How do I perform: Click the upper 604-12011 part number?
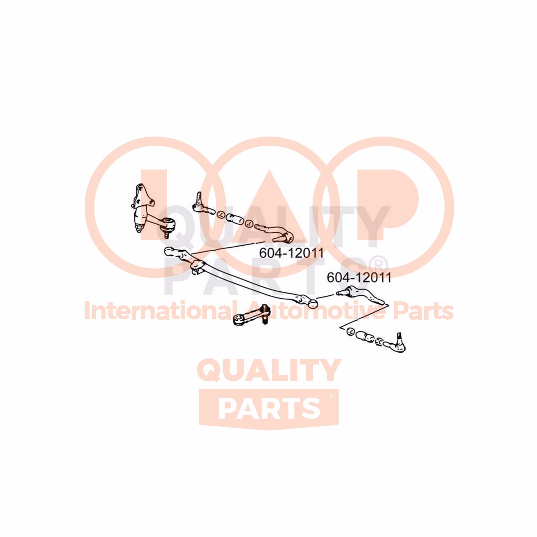click(x=291, y=253)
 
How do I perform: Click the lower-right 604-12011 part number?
click(x=359, y=277)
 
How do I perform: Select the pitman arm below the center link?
click(x=252, y=315)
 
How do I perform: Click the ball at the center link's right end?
click(x=313, y=303)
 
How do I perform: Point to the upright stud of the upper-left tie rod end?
click(x=198, y=198)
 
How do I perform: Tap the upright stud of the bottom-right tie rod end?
click(x=399, y=337)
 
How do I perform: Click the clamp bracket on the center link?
click(x=196, y=266)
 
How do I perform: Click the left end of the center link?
click(x=168, y=251)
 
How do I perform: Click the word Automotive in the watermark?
click(x=317, y=311)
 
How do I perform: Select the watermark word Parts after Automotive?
click(x=423, y=311)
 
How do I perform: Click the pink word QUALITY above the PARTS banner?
click(x=269, y=370)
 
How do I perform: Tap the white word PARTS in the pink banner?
click(x=269, y=408)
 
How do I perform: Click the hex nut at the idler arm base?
click(x=139, y=228)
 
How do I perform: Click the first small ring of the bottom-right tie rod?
click(x=351, y=331)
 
